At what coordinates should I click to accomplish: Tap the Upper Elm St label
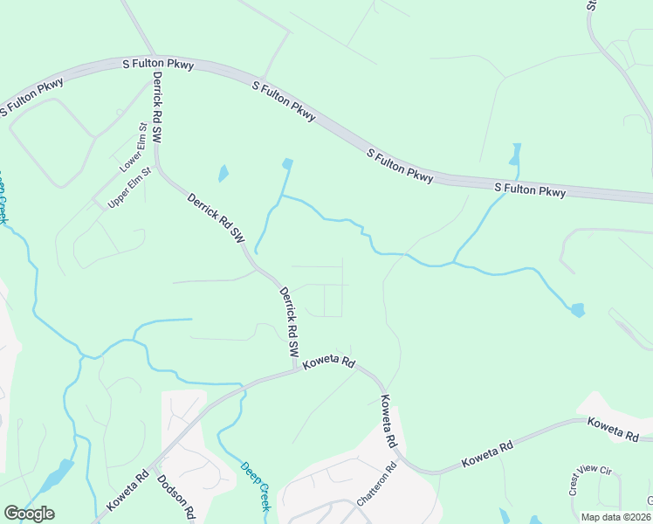(129, 187)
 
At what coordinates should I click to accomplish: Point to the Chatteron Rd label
(377, 484)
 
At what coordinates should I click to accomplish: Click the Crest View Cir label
(591, 480)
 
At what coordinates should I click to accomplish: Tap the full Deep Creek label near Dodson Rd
(258, 486)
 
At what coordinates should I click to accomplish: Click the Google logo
(29, 514)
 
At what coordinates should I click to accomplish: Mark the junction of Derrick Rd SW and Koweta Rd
(295, 370)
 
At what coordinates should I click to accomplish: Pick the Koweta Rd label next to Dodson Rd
(127, 493)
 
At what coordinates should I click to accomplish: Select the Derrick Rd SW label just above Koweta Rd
(289, 321)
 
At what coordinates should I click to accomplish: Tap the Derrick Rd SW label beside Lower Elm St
(159, 107)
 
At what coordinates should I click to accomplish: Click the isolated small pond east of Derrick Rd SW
(223, 173)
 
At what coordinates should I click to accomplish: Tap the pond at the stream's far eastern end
(577, 310)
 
